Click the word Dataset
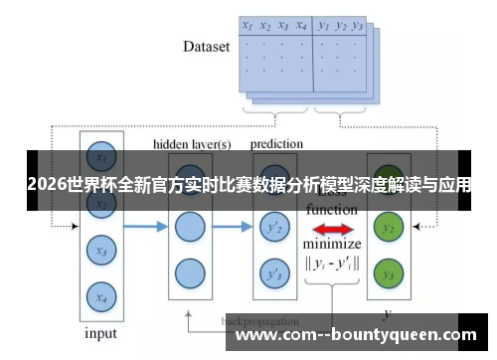pos(206,46)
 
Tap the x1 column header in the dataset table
pos(247,27)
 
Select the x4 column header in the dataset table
pos(300,27)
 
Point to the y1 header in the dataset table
pos(323,27)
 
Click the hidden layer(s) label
pos(192,145)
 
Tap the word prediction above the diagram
pos(276,144)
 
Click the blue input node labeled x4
pos(97,295)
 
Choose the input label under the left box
pos(99,332)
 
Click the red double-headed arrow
pos(333,230)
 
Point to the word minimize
pos(332,245)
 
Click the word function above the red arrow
pos(332,211)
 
